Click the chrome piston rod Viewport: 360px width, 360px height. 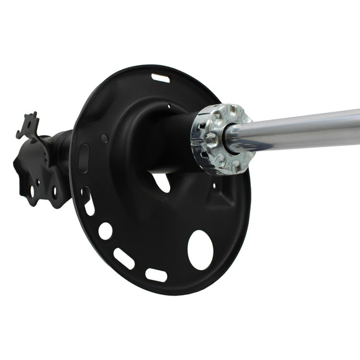298,130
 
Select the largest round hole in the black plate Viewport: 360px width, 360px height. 200,250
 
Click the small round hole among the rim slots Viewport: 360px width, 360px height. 106,231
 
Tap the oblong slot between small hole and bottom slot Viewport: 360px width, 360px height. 124,258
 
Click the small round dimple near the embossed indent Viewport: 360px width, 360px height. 104,138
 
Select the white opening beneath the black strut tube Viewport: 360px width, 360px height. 161,181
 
